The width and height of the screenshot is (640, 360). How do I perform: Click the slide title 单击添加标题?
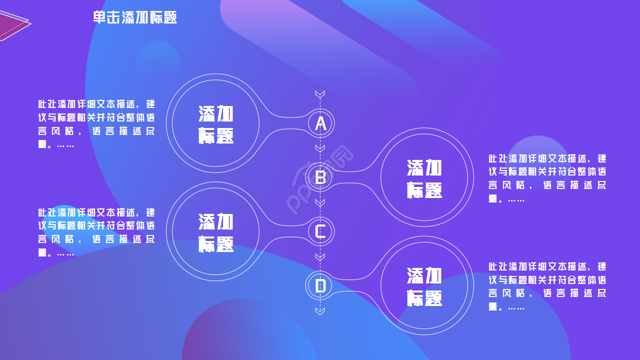point(135,17)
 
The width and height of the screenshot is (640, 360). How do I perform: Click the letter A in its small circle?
point(320,123)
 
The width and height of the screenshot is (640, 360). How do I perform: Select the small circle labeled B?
point(320,177)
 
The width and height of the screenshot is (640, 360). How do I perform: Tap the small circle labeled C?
point(320,231)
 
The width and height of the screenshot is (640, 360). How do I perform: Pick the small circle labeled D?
point(320,285)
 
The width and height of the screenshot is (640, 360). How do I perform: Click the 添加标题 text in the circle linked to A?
point(216,124)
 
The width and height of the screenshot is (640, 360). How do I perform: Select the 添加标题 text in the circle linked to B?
point(424,178)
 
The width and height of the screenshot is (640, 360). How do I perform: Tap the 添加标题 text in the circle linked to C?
point(216,232)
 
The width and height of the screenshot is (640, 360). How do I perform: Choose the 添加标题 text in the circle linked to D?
point(424,286)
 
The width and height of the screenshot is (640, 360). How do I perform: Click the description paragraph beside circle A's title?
point(96,124)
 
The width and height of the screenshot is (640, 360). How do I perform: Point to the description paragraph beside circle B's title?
point(547,178)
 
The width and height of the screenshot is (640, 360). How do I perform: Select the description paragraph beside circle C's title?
point(96,232)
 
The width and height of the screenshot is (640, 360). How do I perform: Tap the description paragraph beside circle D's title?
point(547,286)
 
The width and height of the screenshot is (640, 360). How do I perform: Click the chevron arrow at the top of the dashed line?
point(320,94)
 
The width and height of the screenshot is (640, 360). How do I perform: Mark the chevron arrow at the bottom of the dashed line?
point(320,311)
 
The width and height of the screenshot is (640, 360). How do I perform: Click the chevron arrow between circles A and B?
point(320,148)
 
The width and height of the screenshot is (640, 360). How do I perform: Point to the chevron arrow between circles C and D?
point(320,256)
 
